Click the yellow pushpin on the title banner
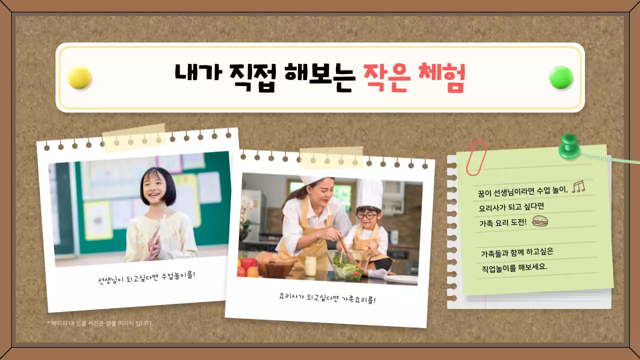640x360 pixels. coord(79,77)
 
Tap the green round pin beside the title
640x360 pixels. coord(561,77)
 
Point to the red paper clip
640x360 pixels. coord(476,157)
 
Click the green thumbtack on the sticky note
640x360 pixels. coord(568,145)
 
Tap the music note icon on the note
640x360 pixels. coord(578,187)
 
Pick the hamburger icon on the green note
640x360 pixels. coord(540,221)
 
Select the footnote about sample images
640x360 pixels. coord(100,323)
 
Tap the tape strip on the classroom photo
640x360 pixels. coord(134,137)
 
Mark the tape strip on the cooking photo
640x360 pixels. coord(331,157)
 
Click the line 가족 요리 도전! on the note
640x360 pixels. coord(503,222)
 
